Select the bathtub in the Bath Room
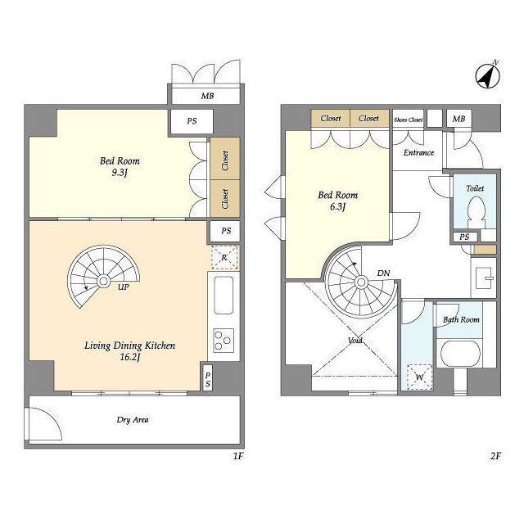click(x=460, y=354)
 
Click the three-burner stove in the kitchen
click(x=223, y=341)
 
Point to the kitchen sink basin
click(x=224, y=295)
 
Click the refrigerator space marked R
click(x=224, y=257)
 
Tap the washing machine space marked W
click(x=419, y=377)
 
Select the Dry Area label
click(x=133, y=420)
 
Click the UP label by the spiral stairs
click(x=124, y=287)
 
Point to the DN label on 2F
click(x=383, y=273)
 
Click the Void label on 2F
click(x=355, y=341)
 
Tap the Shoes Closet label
click(x=408, y=120)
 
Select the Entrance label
click(x=418, y=153)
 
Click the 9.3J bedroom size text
click(x=120, y=173)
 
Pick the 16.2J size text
click(x=129, y=357)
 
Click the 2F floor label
click(x=495, y=456)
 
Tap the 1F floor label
click(x=238, y=456)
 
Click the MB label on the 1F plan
click(x=207, y=96)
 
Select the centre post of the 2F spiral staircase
click(x=361, y=282)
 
